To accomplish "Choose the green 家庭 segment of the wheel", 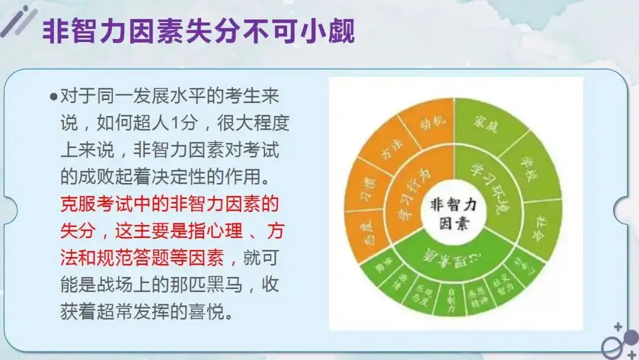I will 484,125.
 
